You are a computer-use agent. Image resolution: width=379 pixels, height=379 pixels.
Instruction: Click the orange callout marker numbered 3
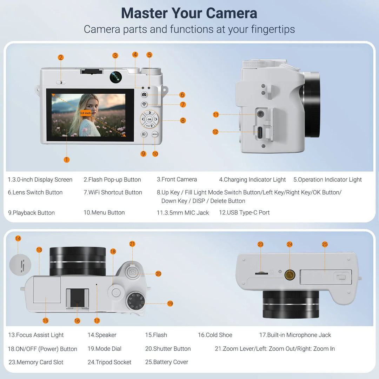(x=115, y=55)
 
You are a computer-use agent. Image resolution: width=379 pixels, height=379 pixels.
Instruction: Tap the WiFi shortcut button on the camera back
(x=144, y=104)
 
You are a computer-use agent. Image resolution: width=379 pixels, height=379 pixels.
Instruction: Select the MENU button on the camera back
(x=155, y=134)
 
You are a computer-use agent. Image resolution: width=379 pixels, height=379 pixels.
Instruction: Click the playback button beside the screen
(x=144, y=134)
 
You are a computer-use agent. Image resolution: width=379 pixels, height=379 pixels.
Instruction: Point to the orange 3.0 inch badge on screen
(x=85, y=113)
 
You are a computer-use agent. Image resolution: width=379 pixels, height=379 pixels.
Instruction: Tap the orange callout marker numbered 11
(x=215, y=114)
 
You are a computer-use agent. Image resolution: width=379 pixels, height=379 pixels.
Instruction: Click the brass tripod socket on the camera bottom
(x=290, y=275)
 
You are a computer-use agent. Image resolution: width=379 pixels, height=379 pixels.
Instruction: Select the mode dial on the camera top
(x=136, y=301)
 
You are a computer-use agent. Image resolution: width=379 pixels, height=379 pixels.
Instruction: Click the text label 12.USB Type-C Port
(x=244, y=213)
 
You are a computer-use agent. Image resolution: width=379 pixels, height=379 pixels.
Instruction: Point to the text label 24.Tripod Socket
(x=109, y=362)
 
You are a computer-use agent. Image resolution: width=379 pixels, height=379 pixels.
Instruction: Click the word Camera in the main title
(x=231, y=13)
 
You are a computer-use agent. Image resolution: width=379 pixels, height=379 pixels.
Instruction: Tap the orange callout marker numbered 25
(x=325, y=244)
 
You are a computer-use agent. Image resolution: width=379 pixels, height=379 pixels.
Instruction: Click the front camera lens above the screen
(x=115, y=77)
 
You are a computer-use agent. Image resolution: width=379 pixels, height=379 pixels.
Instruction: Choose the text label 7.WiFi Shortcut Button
(x=113, y=192)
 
